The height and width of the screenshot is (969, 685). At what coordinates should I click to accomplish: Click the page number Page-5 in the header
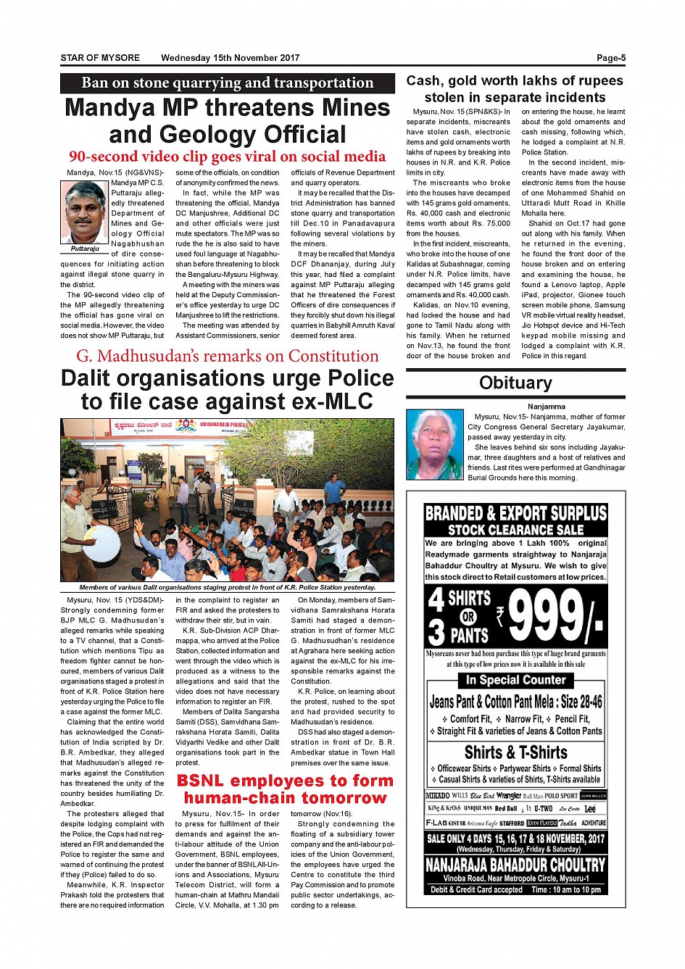(x=610, y=58)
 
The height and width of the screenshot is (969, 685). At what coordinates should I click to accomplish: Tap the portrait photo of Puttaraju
(x=85, y=212)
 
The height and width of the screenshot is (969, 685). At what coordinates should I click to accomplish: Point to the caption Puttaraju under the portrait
(x=85, y=249)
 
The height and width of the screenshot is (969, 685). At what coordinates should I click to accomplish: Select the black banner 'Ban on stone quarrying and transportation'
(x=227, y=83)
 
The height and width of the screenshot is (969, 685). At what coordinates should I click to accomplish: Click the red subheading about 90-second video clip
(x=227, y=157)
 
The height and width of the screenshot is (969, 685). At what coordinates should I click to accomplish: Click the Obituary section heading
(x=515, y=383)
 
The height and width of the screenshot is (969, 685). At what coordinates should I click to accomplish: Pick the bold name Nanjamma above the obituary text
(x=547, y=407)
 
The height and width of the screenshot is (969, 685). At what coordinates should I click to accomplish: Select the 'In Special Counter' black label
(x=515, y=680)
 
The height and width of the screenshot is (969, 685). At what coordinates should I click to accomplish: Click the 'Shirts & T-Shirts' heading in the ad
(x=515, y=752)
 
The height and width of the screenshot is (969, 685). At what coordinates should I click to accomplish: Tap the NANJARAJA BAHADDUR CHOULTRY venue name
(x=515, y=865)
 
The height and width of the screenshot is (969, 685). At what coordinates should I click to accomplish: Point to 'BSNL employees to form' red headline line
(x=285, y=781)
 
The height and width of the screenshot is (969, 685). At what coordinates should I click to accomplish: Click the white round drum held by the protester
(x=102, y=542)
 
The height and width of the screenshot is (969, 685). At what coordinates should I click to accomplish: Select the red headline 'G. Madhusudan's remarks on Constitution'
(x=227, y=356)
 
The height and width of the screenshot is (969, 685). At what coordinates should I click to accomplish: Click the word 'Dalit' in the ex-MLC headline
(x=88, y=378)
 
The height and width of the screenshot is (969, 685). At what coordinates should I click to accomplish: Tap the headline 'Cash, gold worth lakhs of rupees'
(x=515, y=80)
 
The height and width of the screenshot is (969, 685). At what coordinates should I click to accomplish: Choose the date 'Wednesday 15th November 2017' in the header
(x=230, y=58)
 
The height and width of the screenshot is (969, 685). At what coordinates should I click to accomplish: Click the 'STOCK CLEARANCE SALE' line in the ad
(x=515, y=530)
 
